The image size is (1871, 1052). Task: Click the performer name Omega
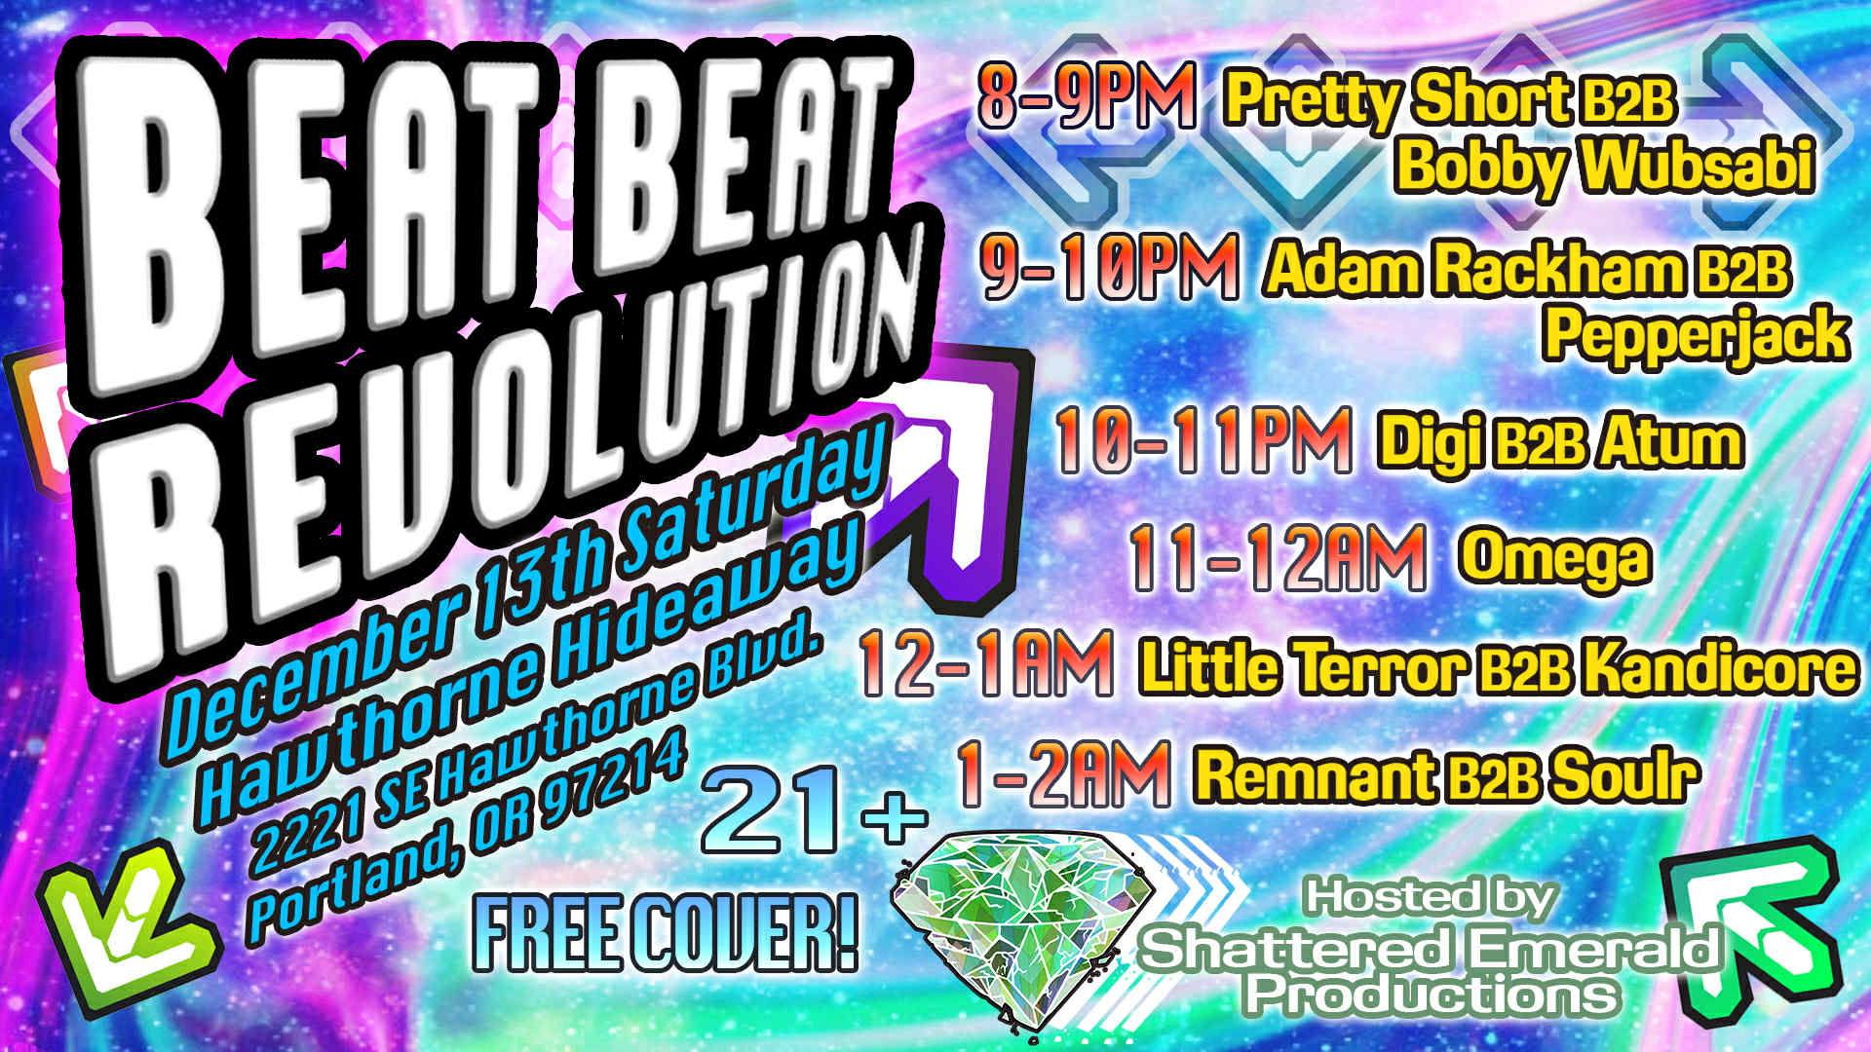tap(1556, 557)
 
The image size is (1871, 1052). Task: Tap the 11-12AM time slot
tap(1278, 558)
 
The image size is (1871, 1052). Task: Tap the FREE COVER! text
tap(664, 938)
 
